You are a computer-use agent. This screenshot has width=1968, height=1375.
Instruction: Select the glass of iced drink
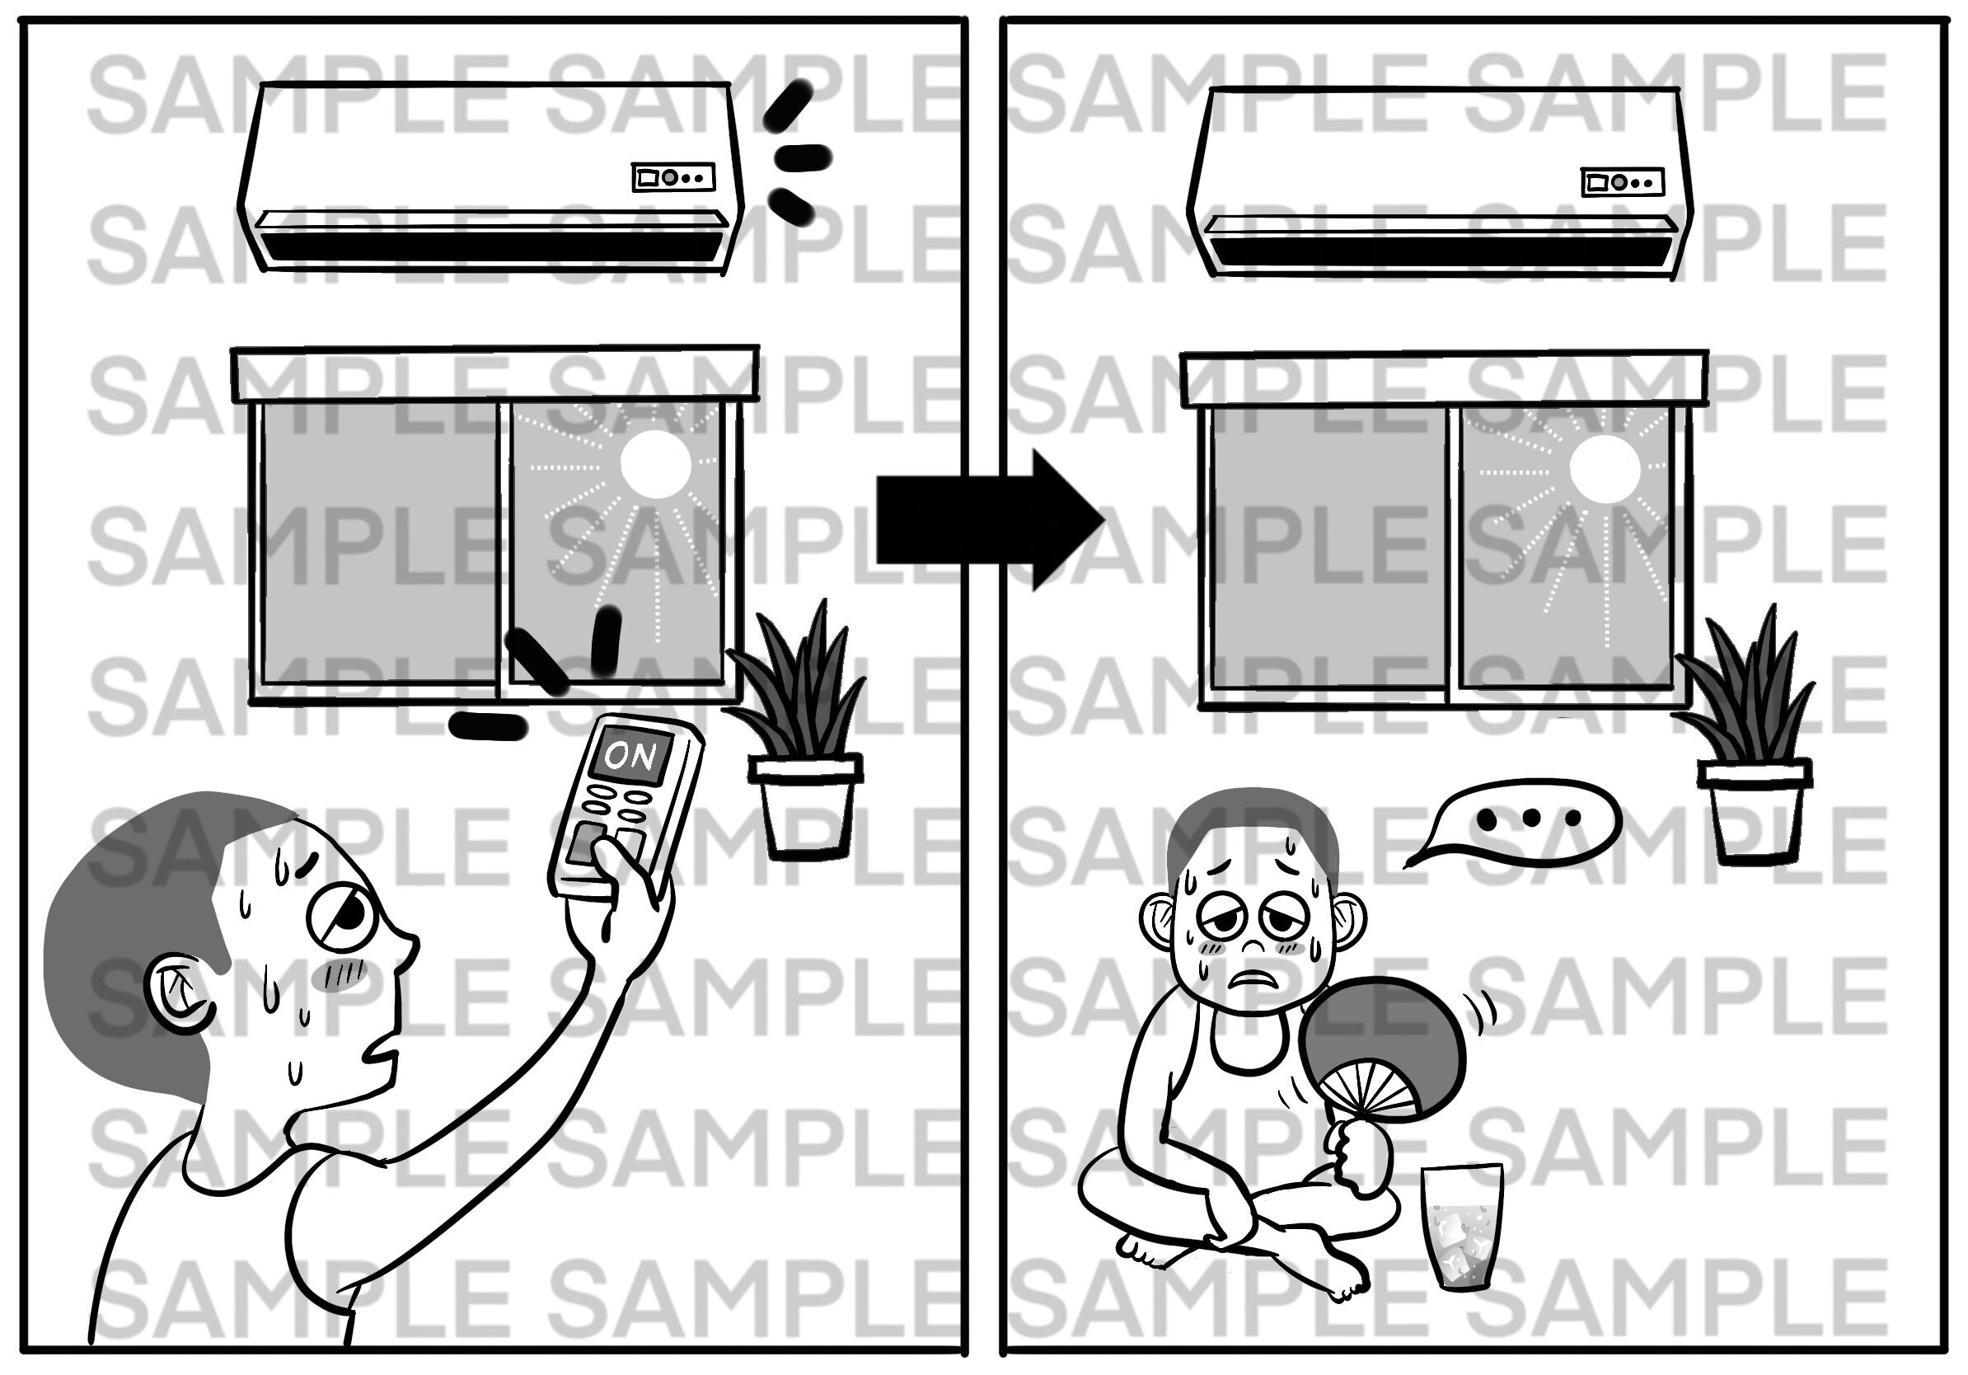[x=1462, y=1227]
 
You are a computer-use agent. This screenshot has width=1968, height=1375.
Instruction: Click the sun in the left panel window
[x=655, y=464]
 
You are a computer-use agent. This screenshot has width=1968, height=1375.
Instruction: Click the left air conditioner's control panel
[x=673, y=177]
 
